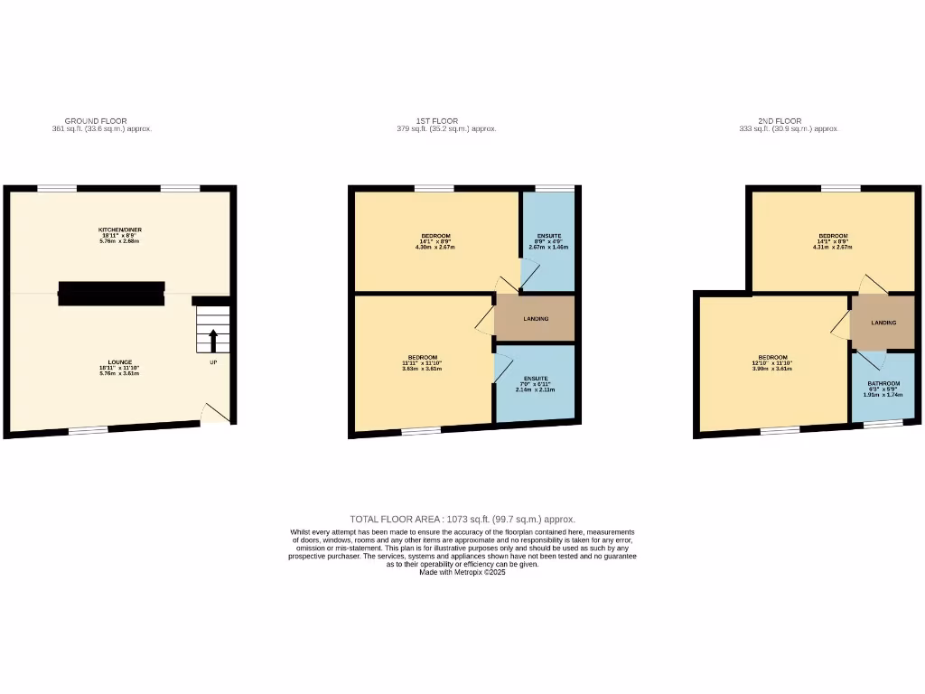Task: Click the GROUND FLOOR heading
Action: [96, 120]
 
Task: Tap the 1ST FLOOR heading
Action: [437, 120]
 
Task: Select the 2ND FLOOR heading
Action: [780, 120]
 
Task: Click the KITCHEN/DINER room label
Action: [120, 230]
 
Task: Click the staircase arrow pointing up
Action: [213, 341]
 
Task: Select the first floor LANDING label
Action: [536, 319]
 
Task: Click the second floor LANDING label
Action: [883, 323]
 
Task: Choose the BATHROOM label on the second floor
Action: [883, 384]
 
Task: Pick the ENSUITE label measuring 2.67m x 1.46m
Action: [548, 237]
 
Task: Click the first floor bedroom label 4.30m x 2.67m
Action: [435, 237]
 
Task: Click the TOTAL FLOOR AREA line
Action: [462, 520]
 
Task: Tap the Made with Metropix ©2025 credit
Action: [462, 572]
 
